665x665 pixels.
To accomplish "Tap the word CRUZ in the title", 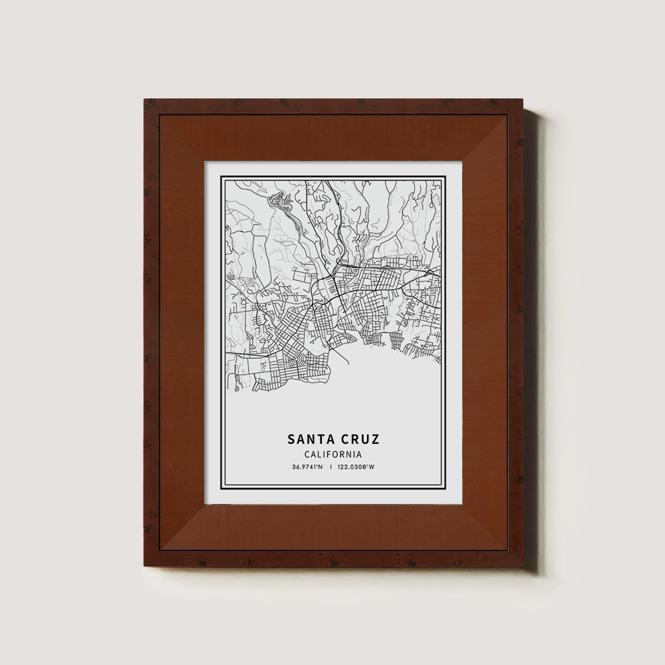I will (360, 440).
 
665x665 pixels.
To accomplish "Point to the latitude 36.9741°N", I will (307, 467).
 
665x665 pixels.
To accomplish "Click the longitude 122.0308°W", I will (357, 467).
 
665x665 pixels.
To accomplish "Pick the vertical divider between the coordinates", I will (331, 467).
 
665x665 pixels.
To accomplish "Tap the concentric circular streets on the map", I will (301, 361).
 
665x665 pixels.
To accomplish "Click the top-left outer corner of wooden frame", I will (144, 99).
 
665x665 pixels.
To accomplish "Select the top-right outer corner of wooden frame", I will (523, 99).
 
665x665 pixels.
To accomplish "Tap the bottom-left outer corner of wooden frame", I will (144, 567).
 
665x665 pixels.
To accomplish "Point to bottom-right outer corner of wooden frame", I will (523, 567).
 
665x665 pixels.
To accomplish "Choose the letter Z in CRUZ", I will (376, 440).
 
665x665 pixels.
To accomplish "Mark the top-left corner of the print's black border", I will (221, 176).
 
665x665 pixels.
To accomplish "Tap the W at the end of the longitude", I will (372, 467).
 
